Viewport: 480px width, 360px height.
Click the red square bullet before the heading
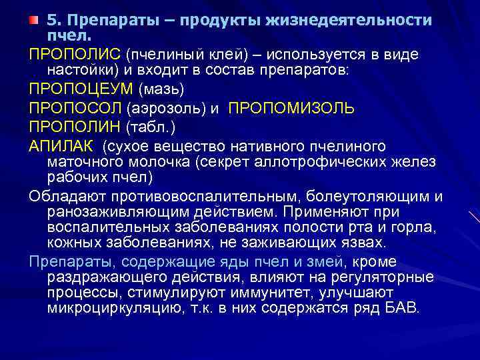(34, 21)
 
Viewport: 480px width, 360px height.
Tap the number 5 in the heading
(49, 20)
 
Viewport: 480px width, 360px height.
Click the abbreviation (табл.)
(159, 127)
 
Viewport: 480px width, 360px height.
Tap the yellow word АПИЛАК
(61, 146)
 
